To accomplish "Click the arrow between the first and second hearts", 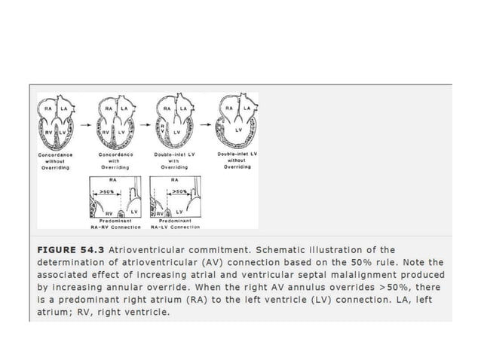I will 81,121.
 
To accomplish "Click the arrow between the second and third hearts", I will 145,121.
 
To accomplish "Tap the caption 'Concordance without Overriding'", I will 55,160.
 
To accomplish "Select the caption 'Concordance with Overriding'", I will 115,160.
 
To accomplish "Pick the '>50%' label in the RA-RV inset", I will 107,193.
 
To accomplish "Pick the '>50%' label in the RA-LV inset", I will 179,192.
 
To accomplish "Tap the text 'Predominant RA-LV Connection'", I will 175,223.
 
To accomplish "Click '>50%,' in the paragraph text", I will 407,288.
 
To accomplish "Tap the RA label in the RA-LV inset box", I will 174,181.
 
